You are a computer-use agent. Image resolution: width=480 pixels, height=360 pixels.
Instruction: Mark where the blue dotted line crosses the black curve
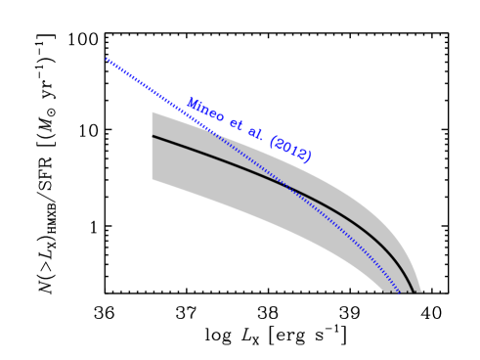click(x=290, y=186)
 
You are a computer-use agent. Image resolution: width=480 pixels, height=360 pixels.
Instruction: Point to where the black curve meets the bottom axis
click(x=411, y=292)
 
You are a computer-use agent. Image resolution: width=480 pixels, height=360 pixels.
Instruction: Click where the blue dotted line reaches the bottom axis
click(x=400, y=292)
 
